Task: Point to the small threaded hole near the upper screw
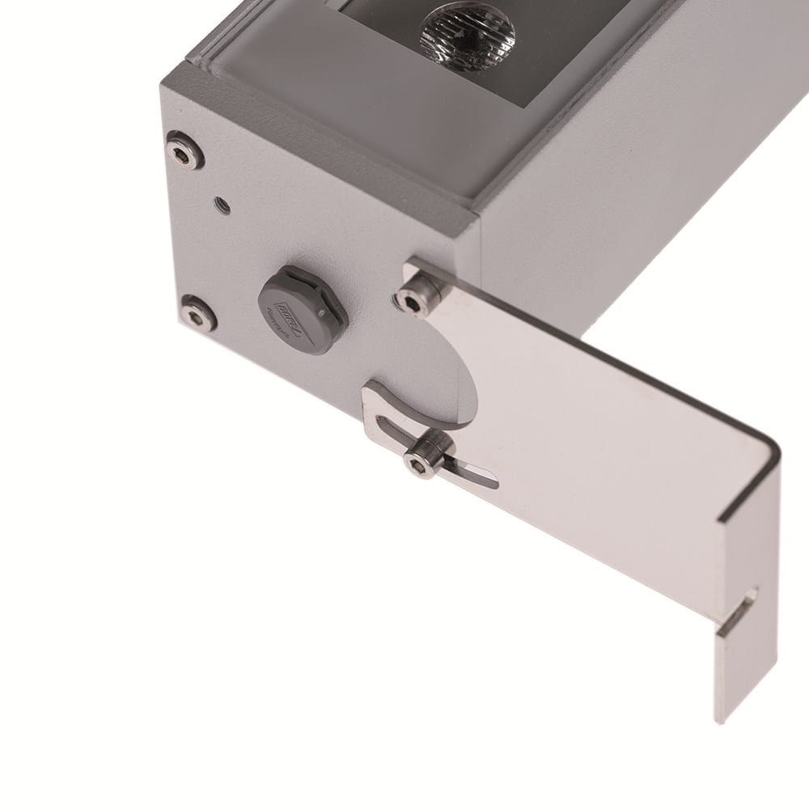click(218, 204)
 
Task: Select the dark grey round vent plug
click(296, 308)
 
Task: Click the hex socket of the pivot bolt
click(411, 302)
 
